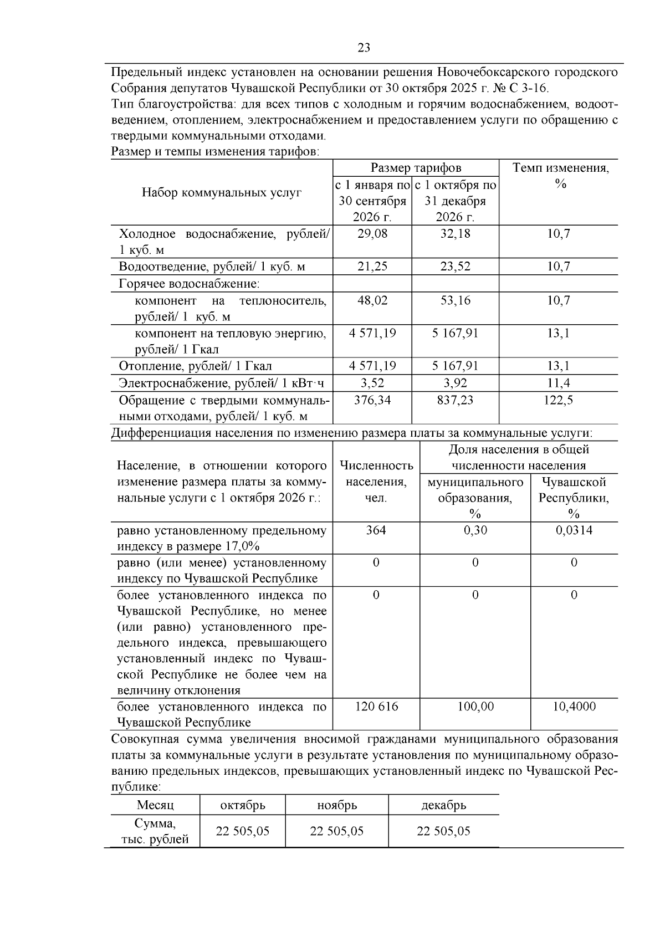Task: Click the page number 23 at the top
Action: [364, 48]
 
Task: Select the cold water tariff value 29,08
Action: [372, 234]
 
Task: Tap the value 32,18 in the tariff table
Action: [455, 234]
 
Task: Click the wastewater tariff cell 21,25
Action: [372, 267]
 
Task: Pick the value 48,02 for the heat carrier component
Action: [372, 300]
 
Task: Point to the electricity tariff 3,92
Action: [455, 383]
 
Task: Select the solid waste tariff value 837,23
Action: [455, 400]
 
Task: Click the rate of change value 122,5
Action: [559, 400]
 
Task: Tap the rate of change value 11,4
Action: [559, 383]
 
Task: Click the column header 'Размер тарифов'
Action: [416, 168]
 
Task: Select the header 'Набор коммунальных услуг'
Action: [222, 192]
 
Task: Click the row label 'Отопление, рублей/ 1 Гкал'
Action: [196, 366]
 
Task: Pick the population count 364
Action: [376, 530]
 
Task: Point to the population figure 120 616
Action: [376, 707]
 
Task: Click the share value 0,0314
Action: [574, 530]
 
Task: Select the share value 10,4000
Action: [574, 707]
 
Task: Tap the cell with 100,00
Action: [475, 707]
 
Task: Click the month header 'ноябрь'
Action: [337, 805]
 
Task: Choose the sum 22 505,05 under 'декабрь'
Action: [443, 831]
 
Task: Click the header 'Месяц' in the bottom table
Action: [155, 805]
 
